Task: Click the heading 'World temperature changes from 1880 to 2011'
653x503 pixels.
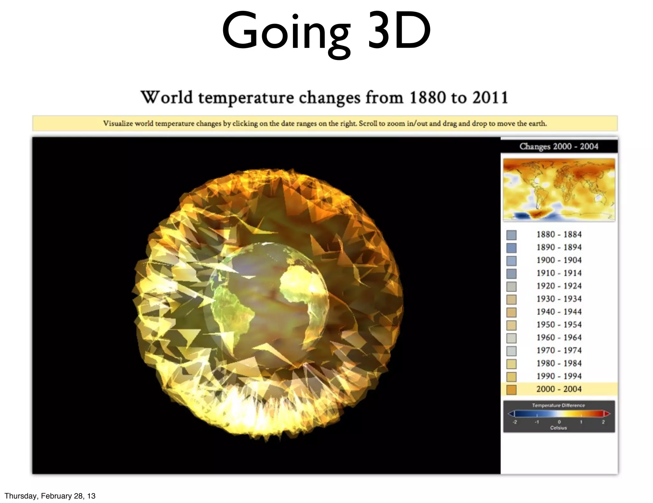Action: pos(324,97)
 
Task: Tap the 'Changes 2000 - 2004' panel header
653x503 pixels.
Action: pos(559,146)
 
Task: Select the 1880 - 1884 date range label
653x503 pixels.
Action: pos(559,235)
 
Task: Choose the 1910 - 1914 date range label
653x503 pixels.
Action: pos(559,273)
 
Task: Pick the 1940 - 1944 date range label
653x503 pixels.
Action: pos(559,312)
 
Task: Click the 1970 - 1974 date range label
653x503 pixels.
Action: pos(559,350)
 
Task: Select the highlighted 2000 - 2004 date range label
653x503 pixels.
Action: pos(559,389)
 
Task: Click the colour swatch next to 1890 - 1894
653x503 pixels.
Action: pos(511,248)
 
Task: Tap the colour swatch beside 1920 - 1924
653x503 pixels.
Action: pos(511,287)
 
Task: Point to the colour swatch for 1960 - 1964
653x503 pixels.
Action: pos(511,338)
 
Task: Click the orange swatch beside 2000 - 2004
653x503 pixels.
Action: pos(511,390)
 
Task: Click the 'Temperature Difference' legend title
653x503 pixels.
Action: pos(558,406)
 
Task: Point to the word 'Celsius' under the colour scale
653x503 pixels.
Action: pos(558,428)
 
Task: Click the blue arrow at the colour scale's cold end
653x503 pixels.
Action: pos(511,414)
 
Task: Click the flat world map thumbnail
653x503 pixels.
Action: pos(559,190)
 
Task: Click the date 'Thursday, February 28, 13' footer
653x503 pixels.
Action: pos(50,496)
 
